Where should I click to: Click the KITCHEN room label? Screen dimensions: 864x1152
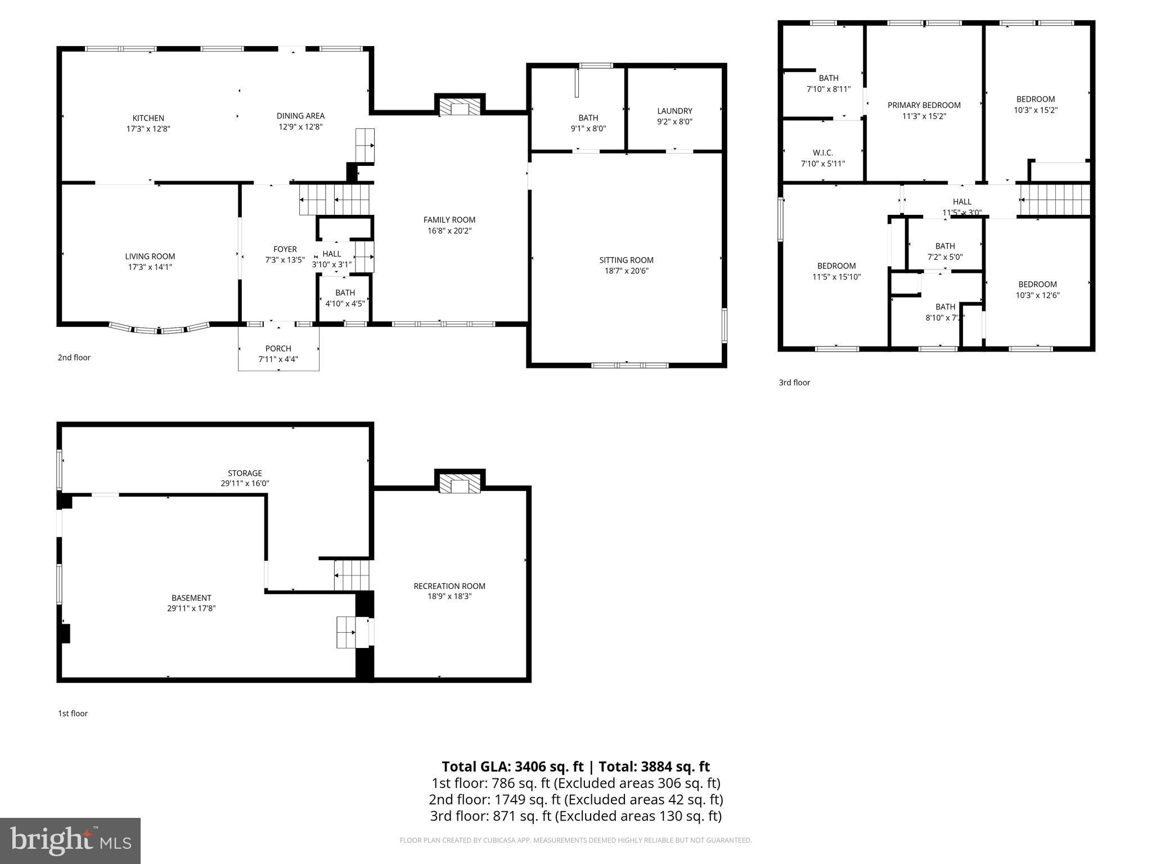click(148, 118)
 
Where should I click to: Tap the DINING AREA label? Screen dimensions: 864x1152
click(300, 116)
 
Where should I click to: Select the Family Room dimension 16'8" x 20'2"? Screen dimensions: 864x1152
click(449, 231)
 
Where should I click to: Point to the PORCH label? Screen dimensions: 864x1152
click(278, 349)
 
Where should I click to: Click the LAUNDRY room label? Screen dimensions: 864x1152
click(674, 111)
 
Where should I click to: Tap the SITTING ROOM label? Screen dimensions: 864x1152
click(626, 260)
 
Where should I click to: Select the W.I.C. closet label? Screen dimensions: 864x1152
click(822, 153)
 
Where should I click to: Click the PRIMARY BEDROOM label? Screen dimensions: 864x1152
click(924, 105)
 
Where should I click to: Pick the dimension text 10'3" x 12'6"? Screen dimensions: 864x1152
click(1037, 295)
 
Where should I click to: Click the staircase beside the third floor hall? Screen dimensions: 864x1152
click(1055, 200)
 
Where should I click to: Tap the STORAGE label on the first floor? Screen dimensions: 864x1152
click(245, 473)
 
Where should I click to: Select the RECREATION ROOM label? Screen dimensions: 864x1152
click(449, 586)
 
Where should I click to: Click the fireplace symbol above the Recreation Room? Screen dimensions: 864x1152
click(460, 484)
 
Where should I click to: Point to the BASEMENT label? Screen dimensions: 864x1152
click(191, 598)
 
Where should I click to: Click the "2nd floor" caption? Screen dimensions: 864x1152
click(74, 358)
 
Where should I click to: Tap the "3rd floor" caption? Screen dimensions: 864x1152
click(794, 382)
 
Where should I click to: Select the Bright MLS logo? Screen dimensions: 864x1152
click(70, 840)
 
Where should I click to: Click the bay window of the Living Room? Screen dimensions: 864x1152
click(159, 330)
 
